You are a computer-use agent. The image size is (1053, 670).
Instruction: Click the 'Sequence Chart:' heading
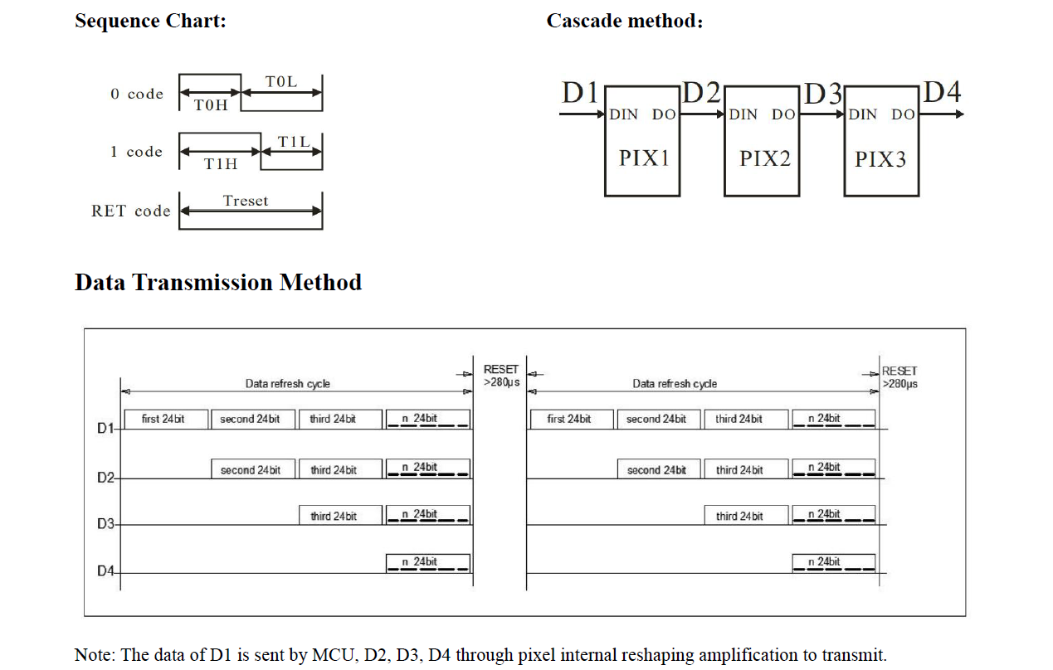click(x=150, y=21)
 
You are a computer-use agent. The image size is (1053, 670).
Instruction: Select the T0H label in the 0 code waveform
click(x=211, y=104)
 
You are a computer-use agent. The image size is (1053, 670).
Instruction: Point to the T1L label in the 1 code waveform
click(x=294, y=142)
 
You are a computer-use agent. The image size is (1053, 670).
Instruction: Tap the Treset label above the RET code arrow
click(x=246, y=201)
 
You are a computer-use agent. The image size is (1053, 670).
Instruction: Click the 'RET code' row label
click(x=130, y=211)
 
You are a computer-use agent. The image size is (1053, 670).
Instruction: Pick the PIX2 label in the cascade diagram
click(x=765, y=158)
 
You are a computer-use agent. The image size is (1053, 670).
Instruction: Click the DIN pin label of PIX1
click(x=623, y=114)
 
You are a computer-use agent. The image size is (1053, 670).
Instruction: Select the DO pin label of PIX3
click(x=903, y=114)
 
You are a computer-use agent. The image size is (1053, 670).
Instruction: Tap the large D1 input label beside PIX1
click(x=580, y=92)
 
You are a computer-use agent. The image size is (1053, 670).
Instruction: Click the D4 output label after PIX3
click(x=942, y=91)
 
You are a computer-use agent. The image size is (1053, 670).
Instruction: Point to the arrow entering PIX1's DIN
click(x=582, y=114)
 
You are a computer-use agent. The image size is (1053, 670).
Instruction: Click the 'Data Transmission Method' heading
click(x=218, y=283)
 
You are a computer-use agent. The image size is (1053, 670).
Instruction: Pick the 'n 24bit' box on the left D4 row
click(x=428, y=563)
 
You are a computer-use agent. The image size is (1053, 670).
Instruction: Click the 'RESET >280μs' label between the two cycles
click(x=501, y=376)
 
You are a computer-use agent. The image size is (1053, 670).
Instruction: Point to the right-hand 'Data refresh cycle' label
click(x=675, y=384)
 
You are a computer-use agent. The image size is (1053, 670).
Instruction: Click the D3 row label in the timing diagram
click(x=105, y=523)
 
